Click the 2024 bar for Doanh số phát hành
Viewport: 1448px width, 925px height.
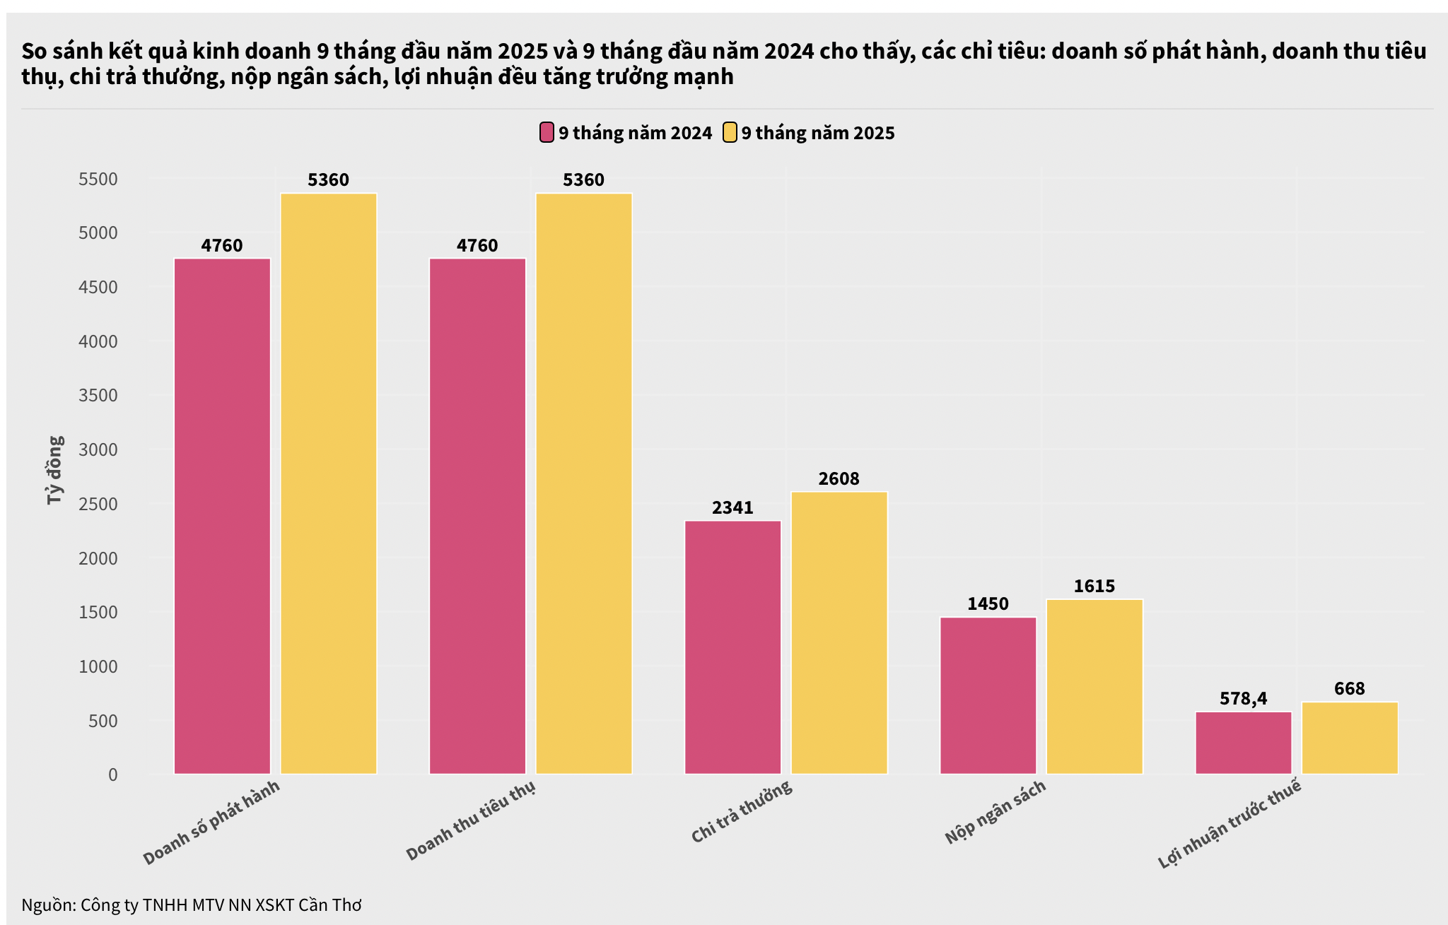[222, 516]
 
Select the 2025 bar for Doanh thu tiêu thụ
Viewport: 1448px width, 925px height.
[583, 483]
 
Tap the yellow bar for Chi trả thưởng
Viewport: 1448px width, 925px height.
[839, 632]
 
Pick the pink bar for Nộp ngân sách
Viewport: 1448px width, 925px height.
[988, 695]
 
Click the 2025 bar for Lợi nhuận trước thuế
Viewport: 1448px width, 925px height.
[1349, 738]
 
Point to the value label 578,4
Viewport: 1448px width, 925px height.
[1243, 699]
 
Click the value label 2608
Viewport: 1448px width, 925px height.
[839, 479]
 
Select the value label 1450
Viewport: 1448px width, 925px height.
[988, 604]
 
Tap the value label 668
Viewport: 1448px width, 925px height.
[1349, 689]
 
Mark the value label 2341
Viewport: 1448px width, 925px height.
[732, 508]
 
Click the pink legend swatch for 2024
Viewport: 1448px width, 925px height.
[547, 133]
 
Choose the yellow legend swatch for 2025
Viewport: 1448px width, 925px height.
[730, 133]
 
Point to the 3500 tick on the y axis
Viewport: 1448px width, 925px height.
[98, 396]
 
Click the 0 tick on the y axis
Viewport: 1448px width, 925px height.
[113, 775]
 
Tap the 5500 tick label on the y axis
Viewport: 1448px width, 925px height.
[98, 179]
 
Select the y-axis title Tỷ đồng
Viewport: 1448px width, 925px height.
[55, 470]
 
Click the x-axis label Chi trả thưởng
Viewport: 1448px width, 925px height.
[742, 812]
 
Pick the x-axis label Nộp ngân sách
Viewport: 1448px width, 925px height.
[995, 813]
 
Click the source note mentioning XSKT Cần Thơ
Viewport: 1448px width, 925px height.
[192, 905]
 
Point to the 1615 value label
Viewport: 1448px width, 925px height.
[1094, 587]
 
